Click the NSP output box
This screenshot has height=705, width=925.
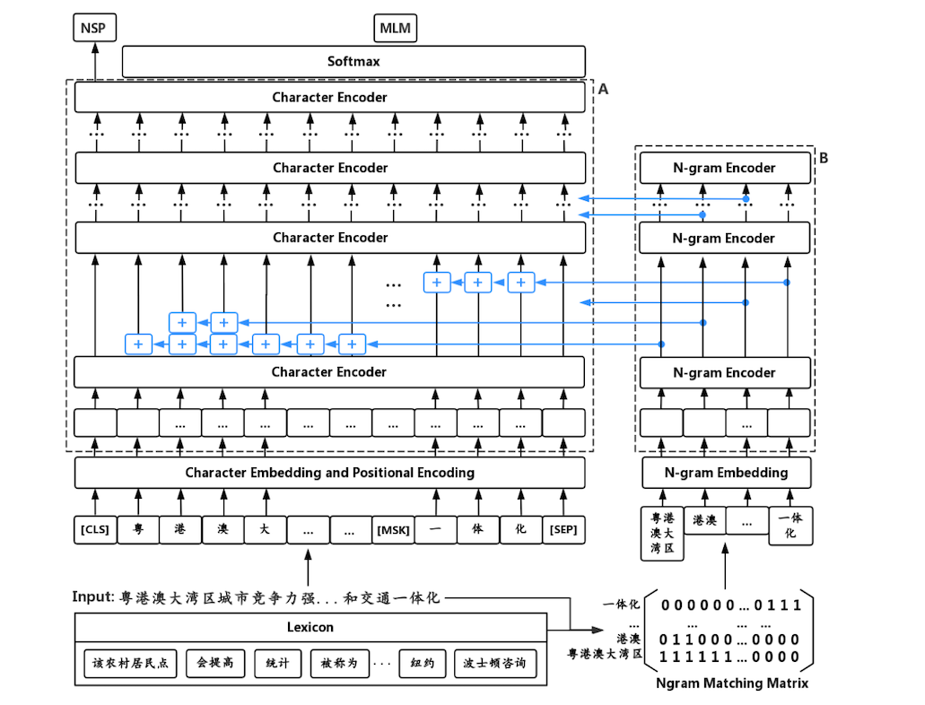93,29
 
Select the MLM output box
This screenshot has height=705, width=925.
395,29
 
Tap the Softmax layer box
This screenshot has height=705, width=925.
353,62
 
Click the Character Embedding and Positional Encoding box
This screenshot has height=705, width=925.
329,473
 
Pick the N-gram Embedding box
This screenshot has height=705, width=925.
727,473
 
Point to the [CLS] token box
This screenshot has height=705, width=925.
94,530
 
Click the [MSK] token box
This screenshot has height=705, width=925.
393,530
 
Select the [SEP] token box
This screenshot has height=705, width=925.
563,530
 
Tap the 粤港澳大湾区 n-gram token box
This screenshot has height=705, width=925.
662,534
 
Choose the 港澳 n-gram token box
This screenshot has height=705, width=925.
704,519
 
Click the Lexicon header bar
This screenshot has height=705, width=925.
310,627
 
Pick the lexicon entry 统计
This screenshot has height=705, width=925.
278,664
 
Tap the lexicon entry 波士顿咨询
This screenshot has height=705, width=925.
495,664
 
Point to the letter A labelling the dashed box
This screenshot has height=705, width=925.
603,90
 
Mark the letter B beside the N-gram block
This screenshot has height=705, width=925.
824,159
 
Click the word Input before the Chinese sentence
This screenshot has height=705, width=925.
93,597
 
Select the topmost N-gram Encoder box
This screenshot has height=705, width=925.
724,168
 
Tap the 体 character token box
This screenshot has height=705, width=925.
477,530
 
